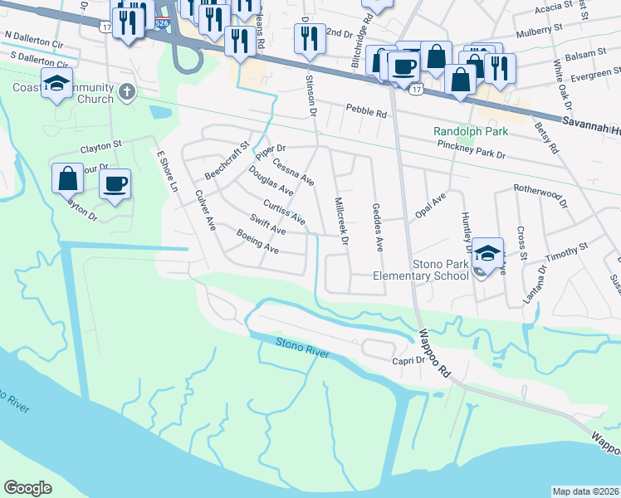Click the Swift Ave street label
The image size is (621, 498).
point(267,224)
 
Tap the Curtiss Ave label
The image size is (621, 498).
point(284,212)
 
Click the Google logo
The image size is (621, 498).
point(27,488)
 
